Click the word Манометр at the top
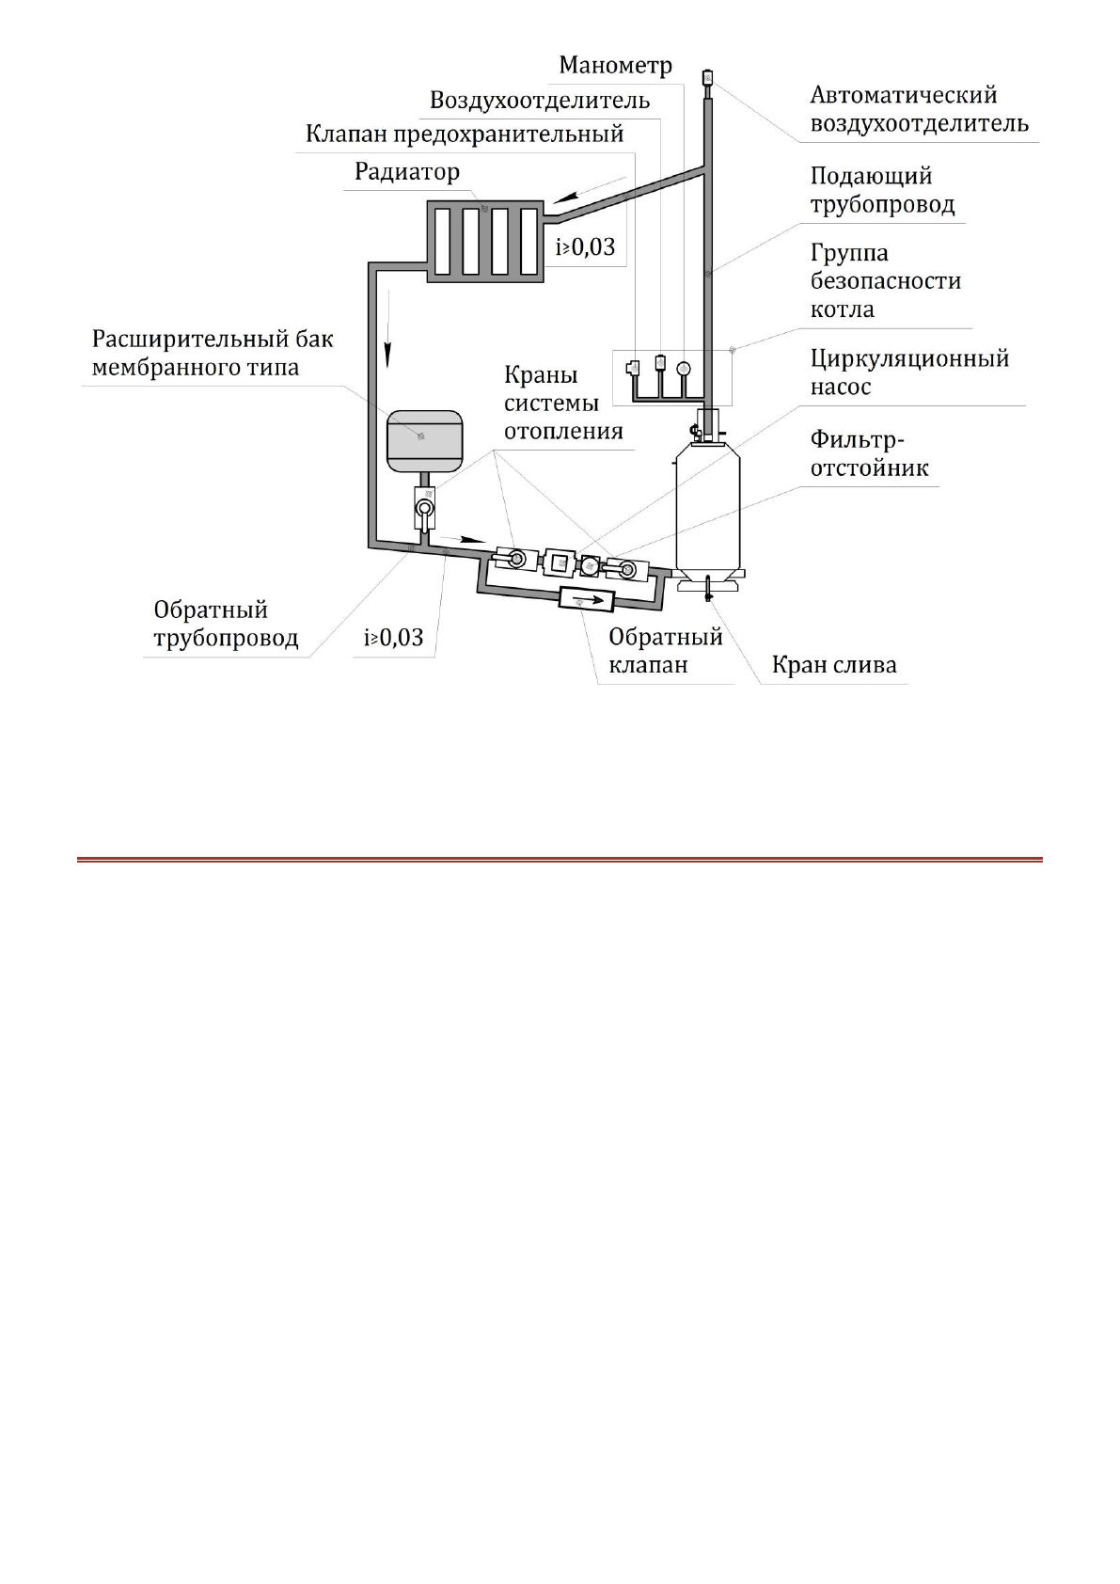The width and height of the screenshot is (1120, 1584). [615, 66]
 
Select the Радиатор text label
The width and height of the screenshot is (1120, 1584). [406, 172]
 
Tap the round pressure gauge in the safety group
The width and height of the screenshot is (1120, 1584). [683, 369]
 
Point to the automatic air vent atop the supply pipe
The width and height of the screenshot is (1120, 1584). [708, 77]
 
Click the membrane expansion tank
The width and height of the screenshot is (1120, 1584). [424, 439]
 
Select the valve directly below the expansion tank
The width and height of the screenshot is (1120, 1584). [425, 508]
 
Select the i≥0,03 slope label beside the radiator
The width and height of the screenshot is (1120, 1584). [585, 247]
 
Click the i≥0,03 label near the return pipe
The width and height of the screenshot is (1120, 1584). [394, 638]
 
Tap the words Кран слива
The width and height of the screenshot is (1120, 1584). [833, 665]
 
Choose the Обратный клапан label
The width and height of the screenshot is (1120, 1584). [665, 650]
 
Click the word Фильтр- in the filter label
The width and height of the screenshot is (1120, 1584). [857, 439]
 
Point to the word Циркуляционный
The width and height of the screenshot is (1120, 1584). [909, 358]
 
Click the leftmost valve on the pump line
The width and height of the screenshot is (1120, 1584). [513, 560]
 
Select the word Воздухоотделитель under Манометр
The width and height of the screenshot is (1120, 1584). [539, 101]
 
